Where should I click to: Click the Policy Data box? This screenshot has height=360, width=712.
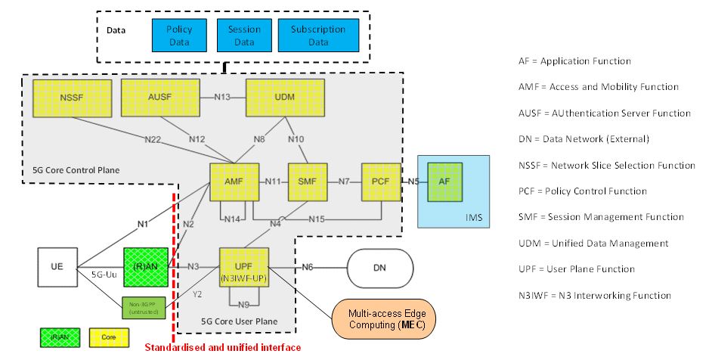[179, 36]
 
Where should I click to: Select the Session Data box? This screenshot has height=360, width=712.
[243, 36]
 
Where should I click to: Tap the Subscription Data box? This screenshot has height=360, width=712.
[318, 36]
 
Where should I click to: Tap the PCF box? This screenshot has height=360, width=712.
[379, 182]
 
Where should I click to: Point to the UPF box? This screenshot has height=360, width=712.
[243, 267]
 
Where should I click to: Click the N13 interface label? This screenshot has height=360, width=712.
[221, 97]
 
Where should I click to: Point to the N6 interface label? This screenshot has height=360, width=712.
[306, 267]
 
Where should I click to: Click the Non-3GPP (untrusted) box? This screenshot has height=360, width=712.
[143, 308]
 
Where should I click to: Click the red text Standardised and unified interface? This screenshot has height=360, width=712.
[223, 348]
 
